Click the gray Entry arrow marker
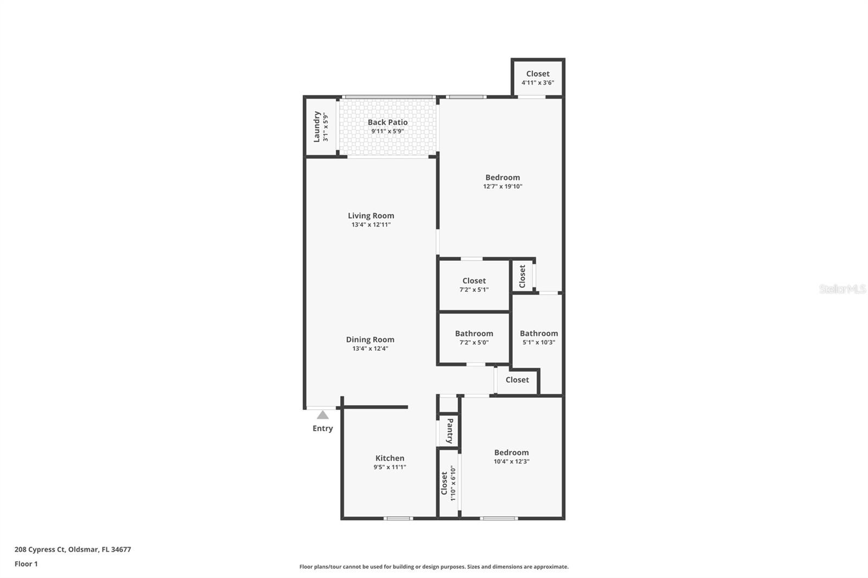(x=323, y=415)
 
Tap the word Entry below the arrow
(x=323, y=428)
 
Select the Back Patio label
(x=387, y=123)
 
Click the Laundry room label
(x=317, y=127)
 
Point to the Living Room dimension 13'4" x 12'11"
(x=371, y=224)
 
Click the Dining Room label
(x=370, y=339)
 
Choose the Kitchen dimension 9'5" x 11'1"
(x=390, y=467)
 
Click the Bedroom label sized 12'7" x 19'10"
(x=502, y=177)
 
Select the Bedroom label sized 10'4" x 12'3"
(x=511, y=453)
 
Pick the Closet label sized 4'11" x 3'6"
(x=538, y=74)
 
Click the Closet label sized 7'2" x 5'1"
(x=474, y=281)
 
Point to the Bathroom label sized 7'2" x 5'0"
(x=474, y=333)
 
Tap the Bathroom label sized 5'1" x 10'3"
(x=539, y=333)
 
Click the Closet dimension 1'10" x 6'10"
(x=452, y=483)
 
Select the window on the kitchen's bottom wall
(x=398, y=518)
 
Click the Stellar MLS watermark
(x=843, y=289)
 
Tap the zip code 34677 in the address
(x=121, y=549)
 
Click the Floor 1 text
(x=26, y=564)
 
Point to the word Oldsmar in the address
(x=84, y=549)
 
